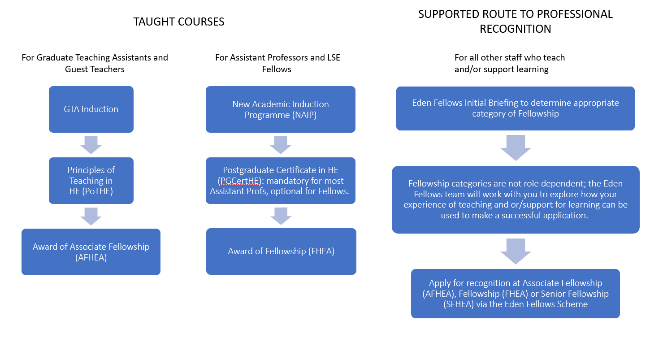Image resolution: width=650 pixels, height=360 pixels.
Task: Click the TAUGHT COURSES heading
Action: [178, 22]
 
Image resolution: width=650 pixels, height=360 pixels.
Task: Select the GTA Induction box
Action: [91, 109]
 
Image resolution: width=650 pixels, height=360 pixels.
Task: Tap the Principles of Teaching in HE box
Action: [91, 181]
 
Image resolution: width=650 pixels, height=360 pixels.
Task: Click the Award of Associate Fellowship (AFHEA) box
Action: [91, 252]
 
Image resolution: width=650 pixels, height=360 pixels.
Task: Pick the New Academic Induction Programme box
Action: [280, 109]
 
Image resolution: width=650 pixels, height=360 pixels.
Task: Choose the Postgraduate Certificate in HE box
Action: [280, 181]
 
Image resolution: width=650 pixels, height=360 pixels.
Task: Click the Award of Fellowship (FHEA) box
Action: [281, 251]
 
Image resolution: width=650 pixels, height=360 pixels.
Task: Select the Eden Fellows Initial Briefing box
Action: [515, 108]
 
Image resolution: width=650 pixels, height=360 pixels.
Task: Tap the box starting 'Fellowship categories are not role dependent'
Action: [516, 200]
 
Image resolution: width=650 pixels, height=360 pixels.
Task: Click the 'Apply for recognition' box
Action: [515, 294]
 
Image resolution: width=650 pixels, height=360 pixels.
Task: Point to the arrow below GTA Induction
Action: [91, 145]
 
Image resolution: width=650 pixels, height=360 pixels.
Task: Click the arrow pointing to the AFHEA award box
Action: [91, 216]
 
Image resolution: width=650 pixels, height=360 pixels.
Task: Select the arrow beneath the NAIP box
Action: [281, 145]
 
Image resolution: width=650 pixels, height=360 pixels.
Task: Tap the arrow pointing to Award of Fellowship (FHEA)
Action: [281, 216]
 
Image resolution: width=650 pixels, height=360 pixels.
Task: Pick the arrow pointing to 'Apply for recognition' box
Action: [516, 252]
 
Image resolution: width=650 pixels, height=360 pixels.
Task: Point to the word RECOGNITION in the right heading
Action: [515, 29]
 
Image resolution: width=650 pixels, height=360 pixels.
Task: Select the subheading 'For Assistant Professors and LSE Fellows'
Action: [277, 63]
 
